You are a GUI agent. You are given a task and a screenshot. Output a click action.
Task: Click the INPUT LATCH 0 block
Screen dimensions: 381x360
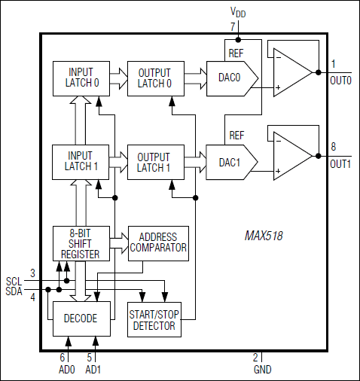click(81, 78)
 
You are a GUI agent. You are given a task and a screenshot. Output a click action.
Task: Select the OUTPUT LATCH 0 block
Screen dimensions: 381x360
click(156, 78)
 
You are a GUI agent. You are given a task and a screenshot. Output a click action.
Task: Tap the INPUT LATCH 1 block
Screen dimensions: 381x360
click(81, 162)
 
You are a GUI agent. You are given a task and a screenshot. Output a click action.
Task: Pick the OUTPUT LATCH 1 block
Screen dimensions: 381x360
click(156, 162)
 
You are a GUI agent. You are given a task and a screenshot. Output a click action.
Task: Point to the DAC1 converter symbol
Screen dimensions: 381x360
click(231, 162)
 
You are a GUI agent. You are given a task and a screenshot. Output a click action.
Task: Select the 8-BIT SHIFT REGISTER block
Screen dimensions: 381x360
click(81, 242)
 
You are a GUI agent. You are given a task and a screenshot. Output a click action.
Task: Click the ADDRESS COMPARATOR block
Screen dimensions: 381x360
click(158, 242)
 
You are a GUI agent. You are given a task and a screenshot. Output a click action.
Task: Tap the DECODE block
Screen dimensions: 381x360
click(81, 319)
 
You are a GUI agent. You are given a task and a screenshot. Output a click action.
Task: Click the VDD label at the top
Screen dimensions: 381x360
click(238, 13)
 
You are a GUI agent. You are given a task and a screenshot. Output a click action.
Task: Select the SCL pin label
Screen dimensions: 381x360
click(14, 281)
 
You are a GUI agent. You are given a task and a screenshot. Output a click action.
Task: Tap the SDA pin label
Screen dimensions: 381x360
click(14, 291)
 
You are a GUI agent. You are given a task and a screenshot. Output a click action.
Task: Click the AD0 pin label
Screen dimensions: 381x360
click(68, 370)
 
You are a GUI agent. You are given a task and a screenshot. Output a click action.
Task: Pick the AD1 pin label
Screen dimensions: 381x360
click(93, 370)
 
